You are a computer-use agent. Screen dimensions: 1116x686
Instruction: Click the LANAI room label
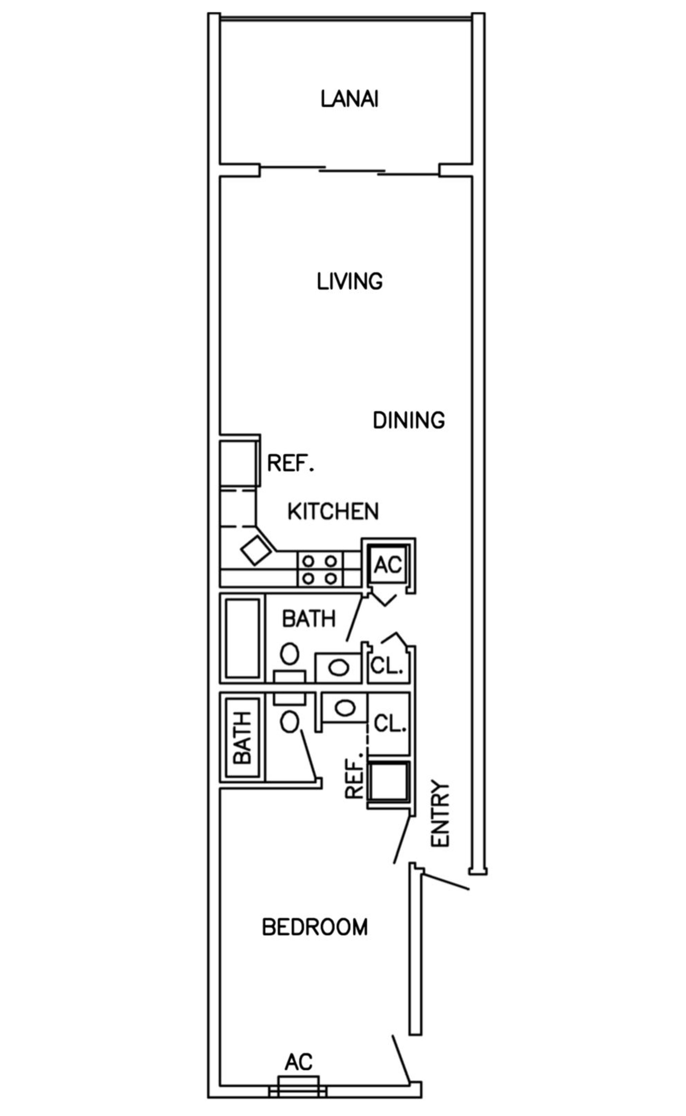[349, 99]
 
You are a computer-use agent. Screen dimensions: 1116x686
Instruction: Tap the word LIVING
[349, 281]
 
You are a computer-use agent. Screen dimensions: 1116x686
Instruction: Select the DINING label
[408, 421]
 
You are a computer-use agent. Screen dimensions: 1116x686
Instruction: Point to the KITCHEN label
[333, 512]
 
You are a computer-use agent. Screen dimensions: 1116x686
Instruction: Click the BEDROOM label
[315, 927]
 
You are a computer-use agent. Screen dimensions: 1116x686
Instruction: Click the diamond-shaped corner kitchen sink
[256, 550]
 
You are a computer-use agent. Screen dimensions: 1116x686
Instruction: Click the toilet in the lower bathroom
[289, 721]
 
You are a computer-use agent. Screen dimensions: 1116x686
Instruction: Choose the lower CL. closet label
[389, 724]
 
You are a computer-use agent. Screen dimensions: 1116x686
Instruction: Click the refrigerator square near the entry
[389, 782]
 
